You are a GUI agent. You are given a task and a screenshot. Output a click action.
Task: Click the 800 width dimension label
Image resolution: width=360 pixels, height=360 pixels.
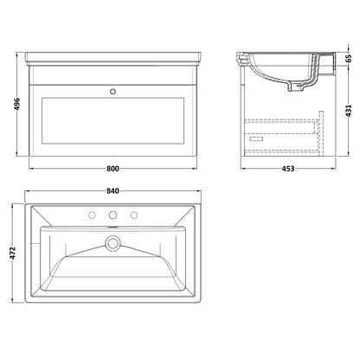(112, 169)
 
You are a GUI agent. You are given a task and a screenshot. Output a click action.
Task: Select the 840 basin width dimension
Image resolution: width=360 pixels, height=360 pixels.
(112, 191)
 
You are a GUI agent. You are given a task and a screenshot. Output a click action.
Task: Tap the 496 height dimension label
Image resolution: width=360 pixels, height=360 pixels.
(17, 104)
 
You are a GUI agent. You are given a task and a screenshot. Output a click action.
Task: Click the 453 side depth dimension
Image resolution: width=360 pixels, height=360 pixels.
(288, 169)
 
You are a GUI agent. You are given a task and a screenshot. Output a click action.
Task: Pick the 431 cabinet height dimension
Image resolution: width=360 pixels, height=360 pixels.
(349, 111)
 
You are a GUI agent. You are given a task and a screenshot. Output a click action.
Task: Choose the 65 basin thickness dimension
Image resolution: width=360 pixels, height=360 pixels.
(349, 58)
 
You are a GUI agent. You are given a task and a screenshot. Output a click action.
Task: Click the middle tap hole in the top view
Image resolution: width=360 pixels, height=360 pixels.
(112, 215)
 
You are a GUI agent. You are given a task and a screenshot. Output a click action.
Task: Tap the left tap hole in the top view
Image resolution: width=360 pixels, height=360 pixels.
(92, 215)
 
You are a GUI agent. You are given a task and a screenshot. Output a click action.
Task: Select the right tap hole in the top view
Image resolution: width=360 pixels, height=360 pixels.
(133, 215)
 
